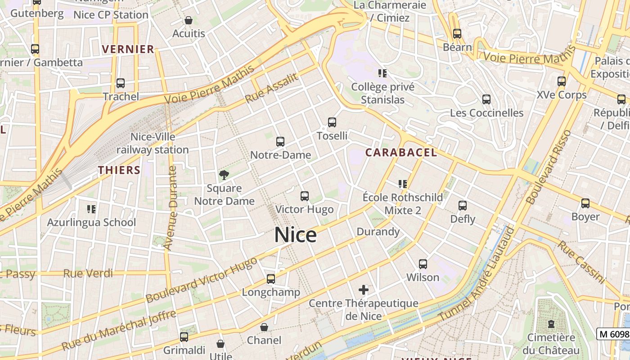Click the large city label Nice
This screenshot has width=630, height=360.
click(x=295, y=235)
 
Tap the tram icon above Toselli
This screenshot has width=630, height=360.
click(x=332, y=122)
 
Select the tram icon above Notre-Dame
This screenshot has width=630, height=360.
click(x=280, y=142)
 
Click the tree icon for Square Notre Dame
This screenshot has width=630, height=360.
click(x=223, y=175)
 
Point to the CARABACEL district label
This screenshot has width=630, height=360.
click(x=401, y=153)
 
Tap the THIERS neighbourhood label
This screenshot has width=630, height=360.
click(x=119, y=170)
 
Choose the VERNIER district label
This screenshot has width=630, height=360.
click(x=128, y=49)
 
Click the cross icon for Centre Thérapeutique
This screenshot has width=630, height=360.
click(x=364, y=289)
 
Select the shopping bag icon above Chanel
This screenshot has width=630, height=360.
click(x=264, y=327)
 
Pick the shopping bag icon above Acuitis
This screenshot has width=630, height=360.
click(x=189, y=20)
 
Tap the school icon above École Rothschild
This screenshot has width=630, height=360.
click(x=403, y=184)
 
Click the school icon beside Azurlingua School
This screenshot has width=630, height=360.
click(x=91, y=209)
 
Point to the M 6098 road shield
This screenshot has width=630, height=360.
click(x=613, y=334)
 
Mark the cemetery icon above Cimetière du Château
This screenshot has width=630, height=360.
click(x=551, y=324)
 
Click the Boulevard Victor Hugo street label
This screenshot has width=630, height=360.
click(x=202, y=280)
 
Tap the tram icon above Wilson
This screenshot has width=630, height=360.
click(x=423, y=264)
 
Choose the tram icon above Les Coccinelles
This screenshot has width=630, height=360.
click(x=486, y=99)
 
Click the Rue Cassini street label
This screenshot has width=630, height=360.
click(x=581, y=262)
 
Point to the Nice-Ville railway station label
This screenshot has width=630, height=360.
click(x=153, y=143)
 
